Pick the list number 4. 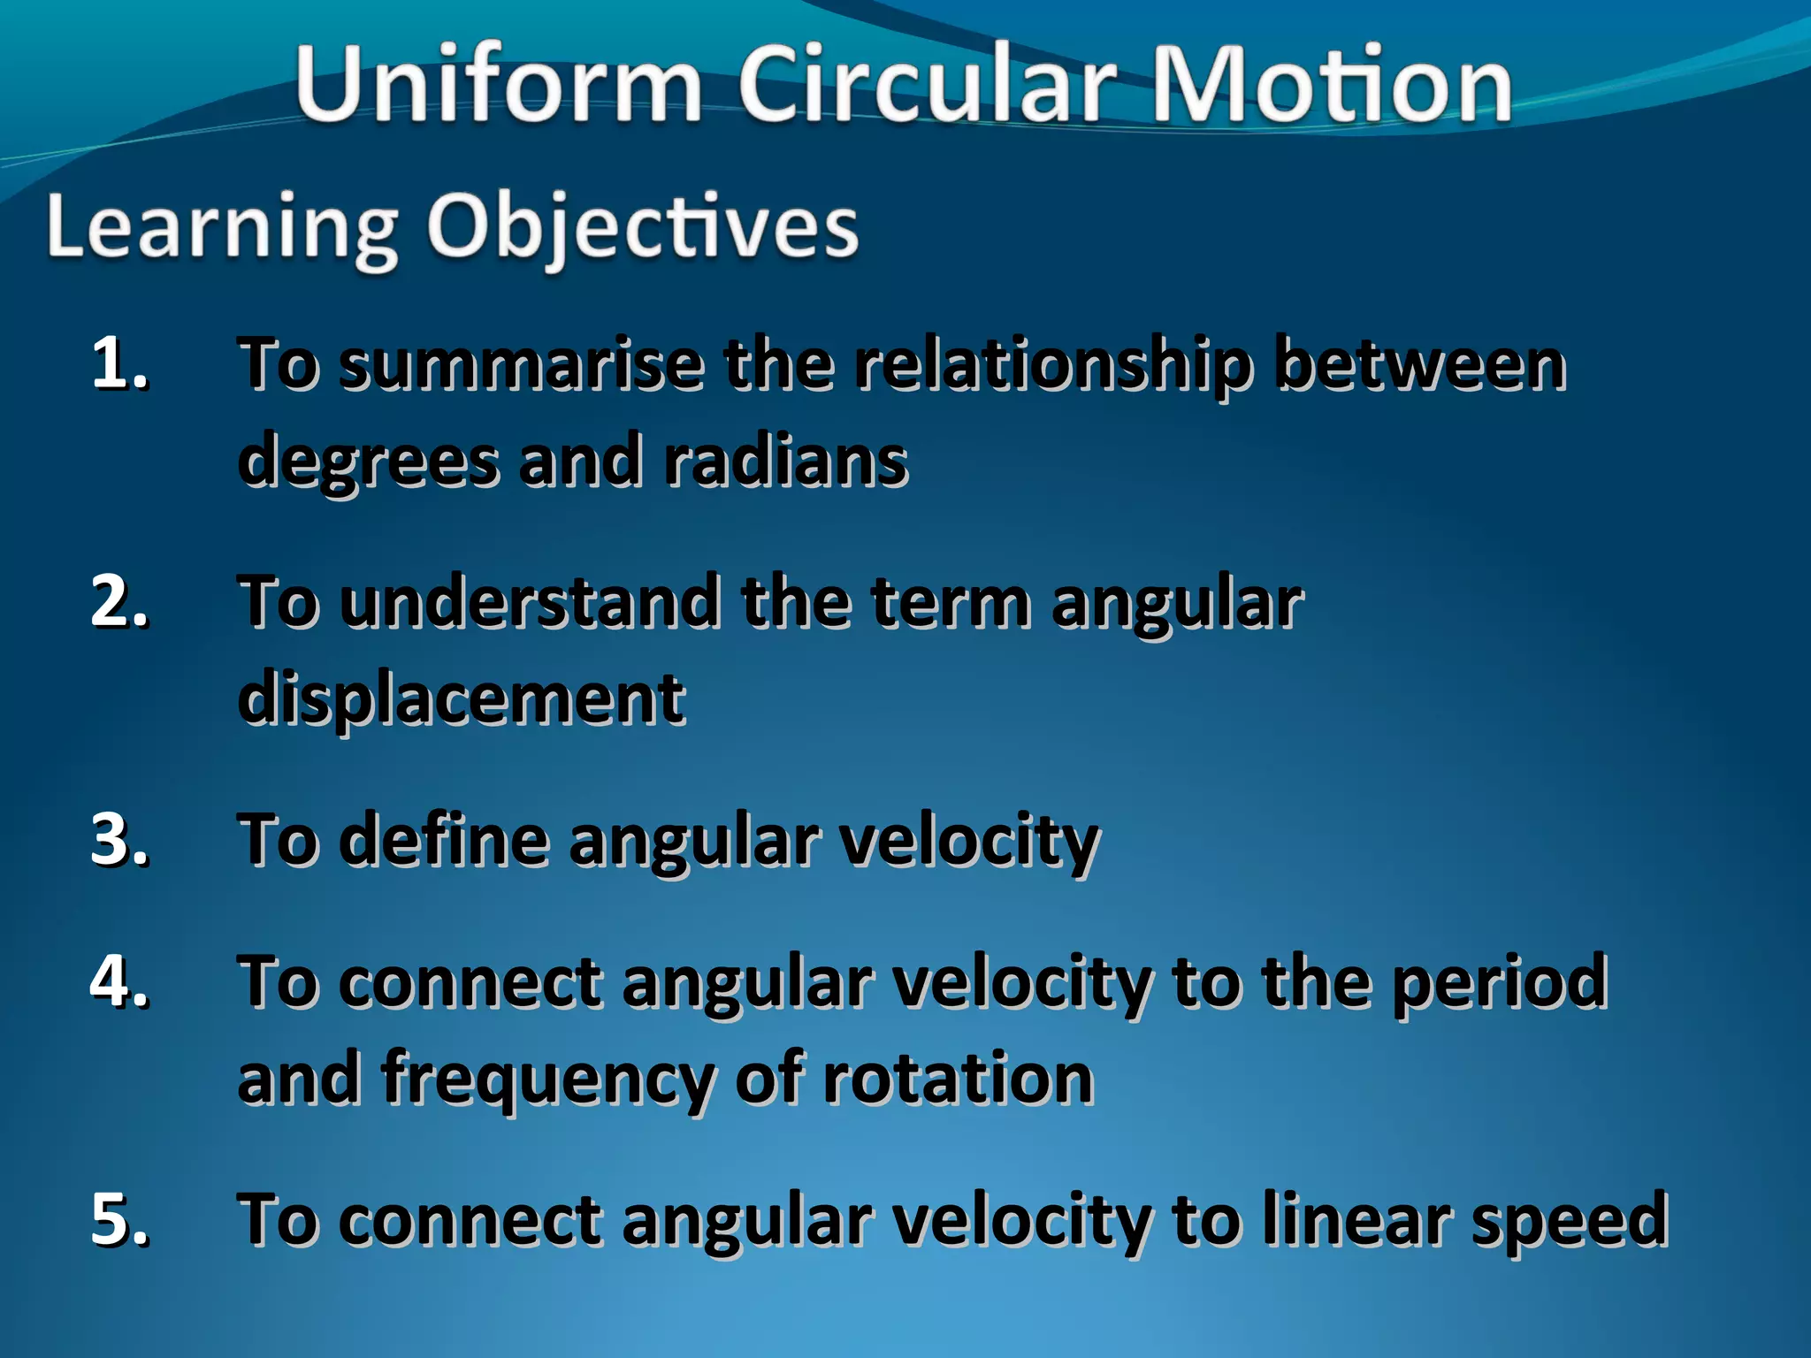click(119, 981)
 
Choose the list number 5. click(119, 1218)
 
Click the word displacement click(461, 698)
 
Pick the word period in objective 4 click(1499, 983)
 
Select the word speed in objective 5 click(1570, 1220)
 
